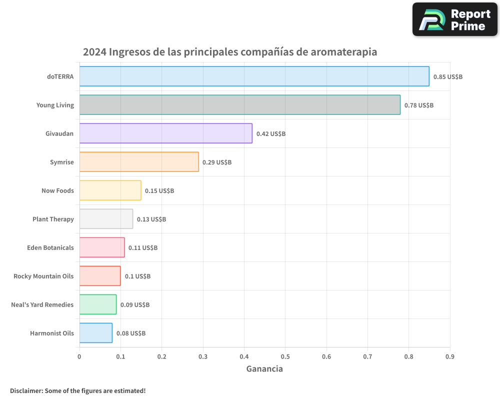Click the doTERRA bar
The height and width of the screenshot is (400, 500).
(x=254, y=76)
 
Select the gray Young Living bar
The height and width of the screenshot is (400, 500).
(x=240, y=105)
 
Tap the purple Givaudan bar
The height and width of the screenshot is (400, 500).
(x=165, y=133)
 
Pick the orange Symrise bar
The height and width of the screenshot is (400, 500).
(x=139, y=162)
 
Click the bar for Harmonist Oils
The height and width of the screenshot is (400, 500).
(x=95, y=333)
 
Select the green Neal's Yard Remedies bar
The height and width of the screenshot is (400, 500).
(x=98, y=304)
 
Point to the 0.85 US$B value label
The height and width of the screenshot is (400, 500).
(x=447, y=77)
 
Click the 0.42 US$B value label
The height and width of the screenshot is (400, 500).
(x=270, y=134)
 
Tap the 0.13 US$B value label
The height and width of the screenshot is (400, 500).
(x=151, y=219)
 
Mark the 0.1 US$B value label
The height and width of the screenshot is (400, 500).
(x=137, y=276)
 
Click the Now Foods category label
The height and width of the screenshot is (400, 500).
(x=57, y=190)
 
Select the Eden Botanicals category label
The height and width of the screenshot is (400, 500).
(x=50, y=247)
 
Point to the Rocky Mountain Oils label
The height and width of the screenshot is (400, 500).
(x=43, y=276)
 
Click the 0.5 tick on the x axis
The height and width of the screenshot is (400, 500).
(x=285, y=356)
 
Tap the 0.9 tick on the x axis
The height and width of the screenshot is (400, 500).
(x=449, y=356)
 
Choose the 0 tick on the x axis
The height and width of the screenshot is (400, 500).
(x=79, y=356)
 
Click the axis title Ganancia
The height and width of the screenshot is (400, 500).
(x=264, y=369)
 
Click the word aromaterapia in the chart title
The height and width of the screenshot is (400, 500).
(x=343, y=52)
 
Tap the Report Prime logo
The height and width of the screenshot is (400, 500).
(x=454, y=19)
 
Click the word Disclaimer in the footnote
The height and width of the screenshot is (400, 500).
(x=25, y=390)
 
